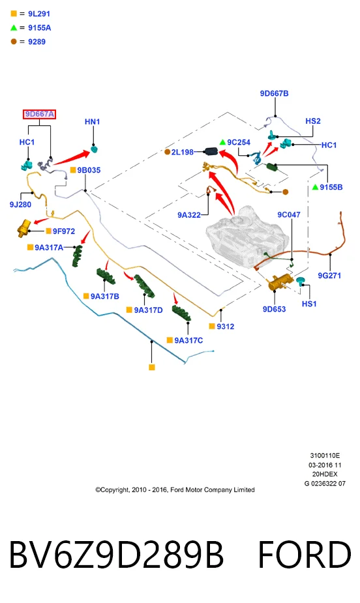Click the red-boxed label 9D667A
[x=39, y=114]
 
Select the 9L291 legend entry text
[x=39, y=14]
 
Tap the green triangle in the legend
[x=14, y=27]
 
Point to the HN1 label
[x=93, y=121]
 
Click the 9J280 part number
[x=20, y=205]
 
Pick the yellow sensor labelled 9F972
[x=24, y=228]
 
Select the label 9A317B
[x=104, y=296]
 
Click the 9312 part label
[x=226, y=327]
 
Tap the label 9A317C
[x=188, y=340]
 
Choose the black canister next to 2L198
[x=211, y=152]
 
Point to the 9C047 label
[x=289, y=214]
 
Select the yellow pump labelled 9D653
[x=280, y=284]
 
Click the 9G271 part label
[x=329, y=275]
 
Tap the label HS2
[x=312, y=121]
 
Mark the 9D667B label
[x=274, y=93]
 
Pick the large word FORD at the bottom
[x=304, y=555]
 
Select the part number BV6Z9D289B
[x=116, y=555]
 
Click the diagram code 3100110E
[x=325, y=456]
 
